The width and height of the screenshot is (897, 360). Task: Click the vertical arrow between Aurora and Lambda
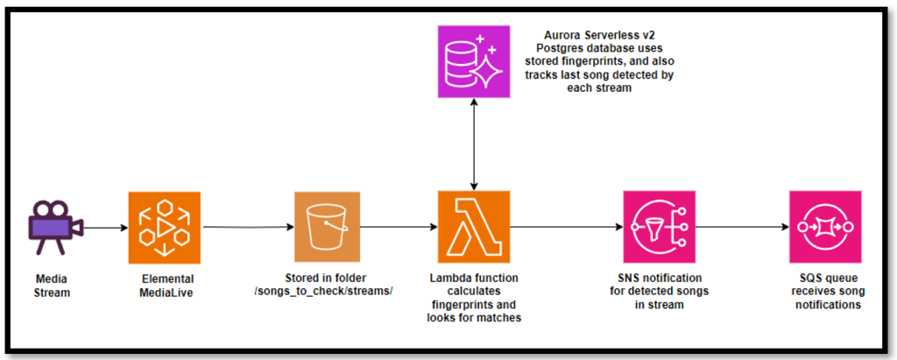pos(474,144)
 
